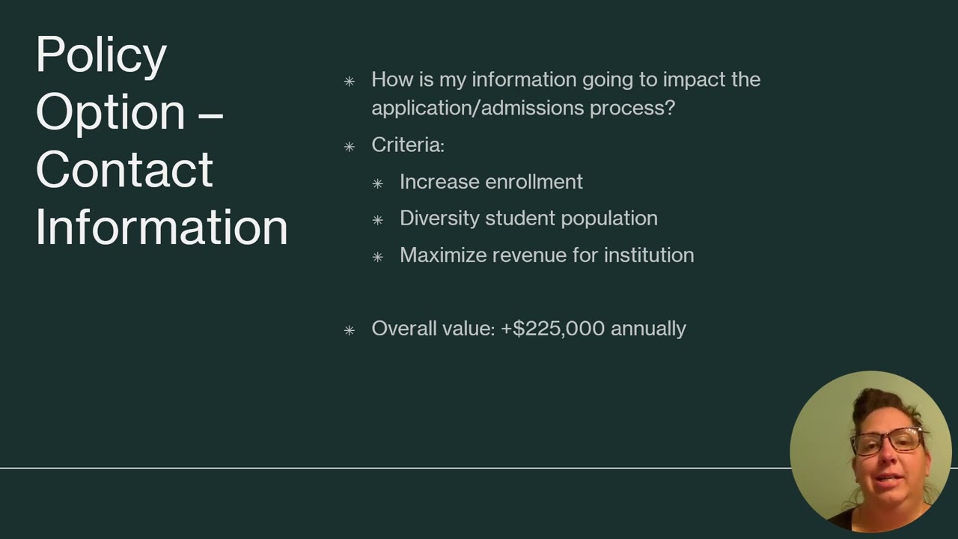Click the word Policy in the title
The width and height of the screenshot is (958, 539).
click(101, 55)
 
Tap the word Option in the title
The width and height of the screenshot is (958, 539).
click(110, 112)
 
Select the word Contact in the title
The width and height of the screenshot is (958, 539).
click(124, 169)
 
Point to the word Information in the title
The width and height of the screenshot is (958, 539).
click(162, 227)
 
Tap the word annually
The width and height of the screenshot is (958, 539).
click(648, 329)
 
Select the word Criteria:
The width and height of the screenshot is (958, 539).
click(408, 144)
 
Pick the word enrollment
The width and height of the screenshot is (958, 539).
click(533, 182)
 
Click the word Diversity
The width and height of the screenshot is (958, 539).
click(439, 219)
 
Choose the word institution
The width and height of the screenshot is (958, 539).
click(649, 255)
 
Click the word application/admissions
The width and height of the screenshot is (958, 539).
click(478, 108)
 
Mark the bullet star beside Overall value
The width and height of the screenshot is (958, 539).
click(350, 330)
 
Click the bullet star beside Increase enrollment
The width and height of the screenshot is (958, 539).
click(378, 183)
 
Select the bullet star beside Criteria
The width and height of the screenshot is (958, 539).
click(350, 147)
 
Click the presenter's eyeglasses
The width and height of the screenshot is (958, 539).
click(888, 442)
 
